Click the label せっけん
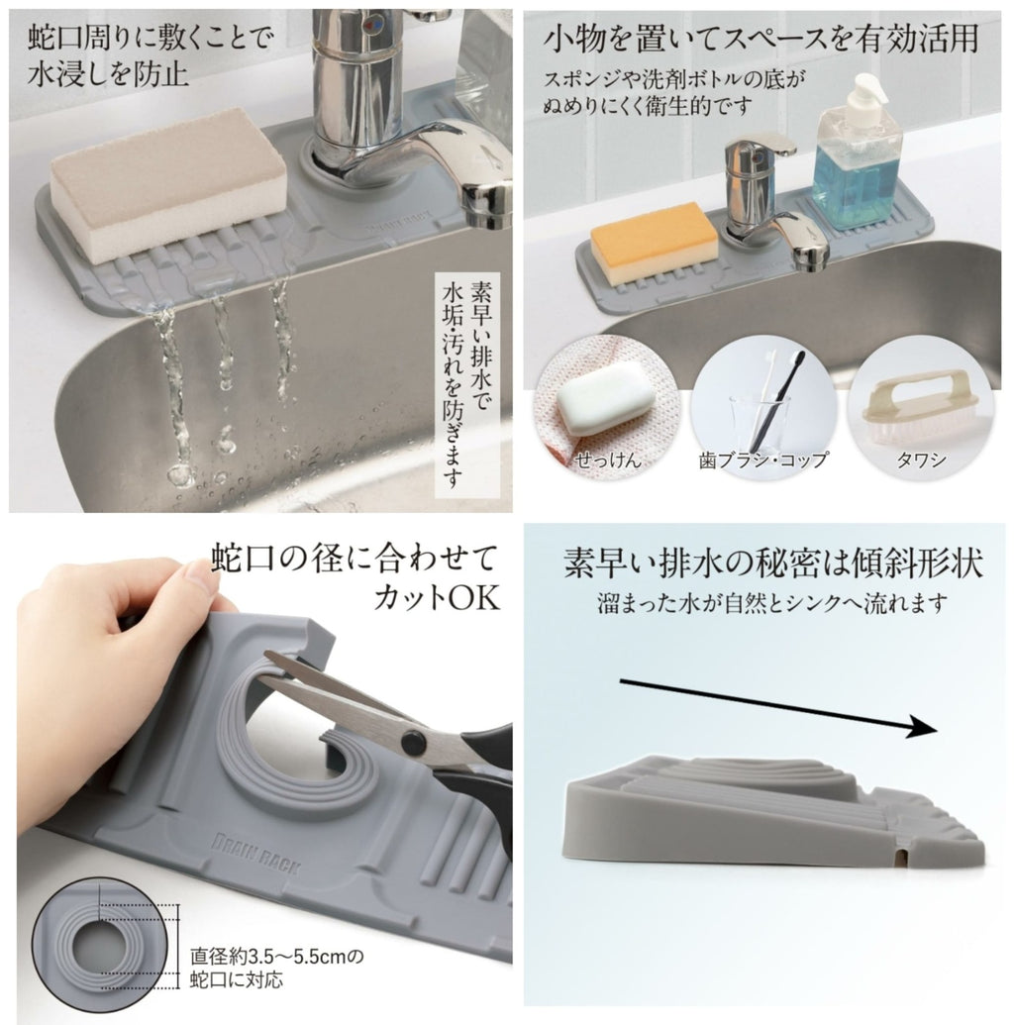(607, 460)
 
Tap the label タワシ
(921, 460)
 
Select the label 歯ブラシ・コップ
(763, 461)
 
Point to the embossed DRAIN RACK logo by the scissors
(255, 854)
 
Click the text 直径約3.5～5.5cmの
(277, 957)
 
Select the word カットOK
(437, 596)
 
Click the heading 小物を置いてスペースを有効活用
(760, 39)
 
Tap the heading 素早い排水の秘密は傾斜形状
(773, 563)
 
